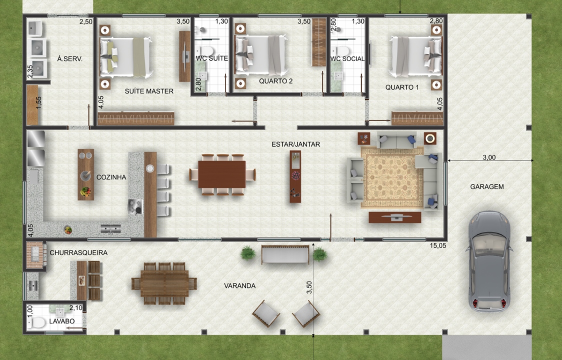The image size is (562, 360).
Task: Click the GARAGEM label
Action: tap(486, 187)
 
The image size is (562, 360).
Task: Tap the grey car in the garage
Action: tap(489, 261)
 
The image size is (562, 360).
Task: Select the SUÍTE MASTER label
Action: tap(149, 91)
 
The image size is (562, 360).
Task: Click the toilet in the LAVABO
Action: tap(37, 322)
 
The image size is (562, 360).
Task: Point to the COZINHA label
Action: tap(111, 177)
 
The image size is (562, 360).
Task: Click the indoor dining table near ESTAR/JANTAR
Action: tap(222, 174)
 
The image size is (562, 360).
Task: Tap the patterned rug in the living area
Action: tap(392, 177)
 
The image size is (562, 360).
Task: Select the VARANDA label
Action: tap(240, 286)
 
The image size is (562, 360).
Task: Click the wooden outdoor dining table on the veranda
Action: tap(164, 283)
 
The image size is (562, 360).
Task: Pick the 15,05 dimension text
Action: tap(438, 245)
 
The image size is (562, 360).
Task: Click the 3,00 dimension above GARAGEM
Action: tap(489, 157)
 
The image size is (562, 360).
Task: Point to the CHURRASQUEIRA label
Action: tap(78, 253)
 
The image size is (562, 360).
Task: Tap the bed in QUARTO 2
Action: tap(261, 55)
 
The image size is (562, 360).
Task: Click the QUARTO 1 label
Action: tap(402, 87)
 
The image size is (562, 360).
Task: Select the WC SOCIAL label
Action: tap(347, 59)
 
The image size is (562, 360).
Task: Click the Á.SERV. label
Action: tap(70, 59)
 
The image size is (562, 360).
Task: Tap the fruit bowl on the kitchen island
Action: tap(85, 192)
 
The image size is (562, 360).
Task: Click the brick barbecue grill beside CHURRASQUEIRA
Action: tap(35, 254)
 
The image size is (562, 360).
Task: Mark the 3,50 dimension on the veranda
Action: tap(309, 287)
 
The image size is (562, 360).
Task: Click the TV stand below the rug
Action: tap(394, 217)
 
